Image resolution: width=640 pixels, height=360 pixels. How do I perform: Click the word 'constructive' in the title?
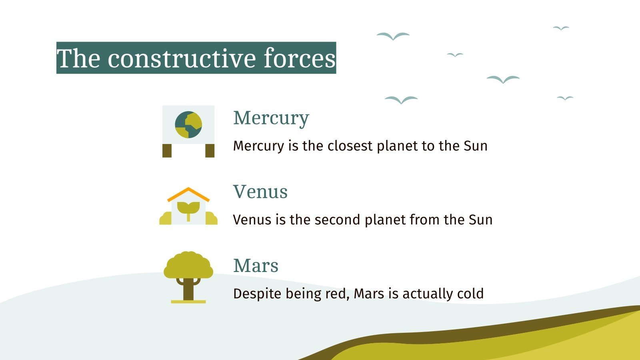[x=182, y=58]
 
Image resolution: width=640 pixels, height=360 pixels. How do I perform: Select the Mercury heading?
[x=271, y=118]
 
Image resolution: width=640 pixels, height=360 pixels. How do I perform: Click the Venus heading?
[x=260, y=192]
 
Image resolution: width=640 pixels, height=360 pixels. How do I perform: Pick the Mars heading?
[x=256, y=266]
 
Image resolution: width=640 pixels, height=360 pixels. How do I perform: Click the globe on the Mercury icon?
[x=188, y=125]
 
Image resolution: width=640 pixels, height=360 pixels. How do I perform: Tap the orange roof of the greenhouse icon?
[x=188, y=194]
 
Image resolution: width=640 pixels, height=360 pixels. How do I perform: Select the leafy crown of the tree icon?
[x=188, y=265]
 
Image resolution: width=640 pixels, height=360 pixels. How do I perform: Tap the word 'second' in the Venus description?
[x=338, y=220]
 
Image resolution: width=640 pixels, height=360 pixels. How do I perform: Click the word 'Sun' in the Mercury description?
[x=476, y=146]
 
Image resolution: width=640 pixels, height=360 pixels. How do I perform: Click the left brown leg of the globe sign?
[x=167, y=151]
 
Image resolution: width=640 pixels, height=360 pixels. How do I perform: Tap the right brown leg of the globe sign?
[x=210, y=151]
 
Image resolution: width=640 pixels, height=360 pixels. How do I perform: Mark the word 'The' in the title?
[x=78, y=58]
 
